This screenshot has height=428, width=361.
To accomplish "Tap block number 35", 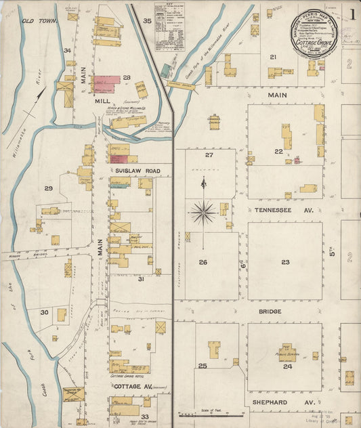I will coord(147,21).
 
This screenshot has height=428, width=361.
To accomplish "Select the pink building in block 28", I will coord(106,81).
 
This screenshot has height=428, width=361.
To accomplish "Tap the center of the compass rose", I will coord(203,213).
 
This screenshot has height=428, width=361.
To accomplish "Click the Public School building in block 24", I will coord(286,351).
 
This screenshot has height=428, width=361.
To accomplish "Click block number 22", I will coord(278,151).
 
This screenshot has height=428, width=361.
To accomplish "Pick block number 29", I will coord(48,188).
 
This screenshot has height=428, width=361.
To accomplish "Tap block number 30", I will coord(44,312).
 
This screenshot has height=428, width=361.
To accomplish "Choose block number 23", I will coord(286,261).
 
